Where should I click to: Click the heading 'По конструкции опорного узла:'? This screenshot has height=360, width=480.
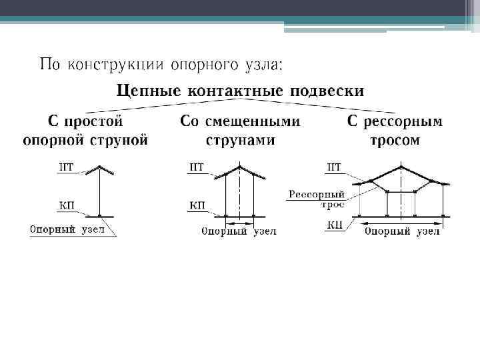(x=161, y=65)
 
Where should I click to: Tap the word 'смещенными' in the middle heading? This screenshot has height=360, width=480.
(x=261, y=121)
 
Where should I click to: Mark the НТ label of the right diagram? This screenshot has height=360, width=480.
(x=335, y=167)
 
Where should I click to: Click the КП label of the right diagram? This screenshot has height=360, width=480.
(x=335, y=225)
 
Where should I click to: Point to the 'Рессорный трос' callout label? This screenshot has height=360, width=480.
(x=317, y=199)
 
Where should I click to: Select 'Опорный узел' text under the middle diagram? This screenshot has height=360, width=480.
(x=238, y=231)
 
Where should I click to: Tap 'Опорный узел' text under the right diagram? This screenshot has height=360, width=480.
(x=401, y=231)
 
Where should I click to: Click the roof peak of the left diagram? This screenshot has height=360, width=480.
(x=99, y=167)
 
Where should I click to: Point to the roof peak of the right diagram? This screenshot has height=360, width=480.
(x=401, y=165)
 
